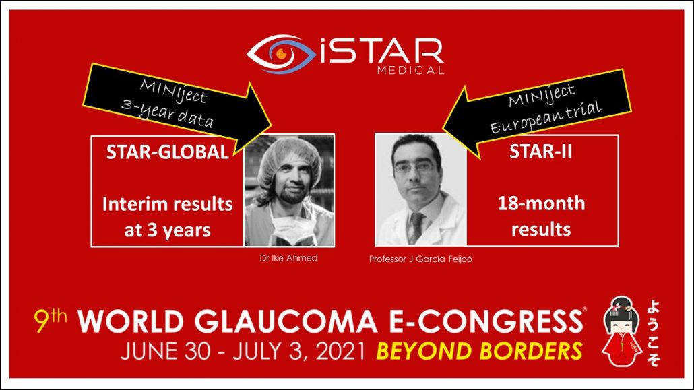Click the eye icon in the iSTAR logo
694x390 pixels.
tap(280, 54)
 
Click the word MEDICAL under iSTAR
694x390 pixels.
tap(411, 70)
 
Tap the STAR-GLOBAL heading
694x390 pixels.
tap(167, 152)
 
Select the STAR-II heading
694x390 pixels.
tap(540, 152)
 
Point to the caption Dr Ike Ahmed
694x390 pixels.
tap(288, 258)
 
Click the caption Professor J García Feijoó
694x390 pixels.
tap(420, 259)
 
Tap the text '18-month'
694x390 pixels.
tap(541, 203)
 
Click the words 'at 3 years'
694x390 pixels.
tap(167, 230)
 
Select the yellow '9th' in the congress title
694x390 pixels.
tap(51, 320)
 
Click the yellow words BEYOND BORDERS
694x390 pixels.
tap(479, 351)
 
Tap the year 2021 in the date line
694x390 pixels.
tap(340, 351)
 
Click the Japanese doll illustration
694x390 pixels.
tap(622, 331)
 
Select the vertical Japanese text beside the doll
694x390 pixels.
tap(654, 333)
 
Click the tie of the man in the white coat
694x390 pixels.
tap(415, 227)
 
